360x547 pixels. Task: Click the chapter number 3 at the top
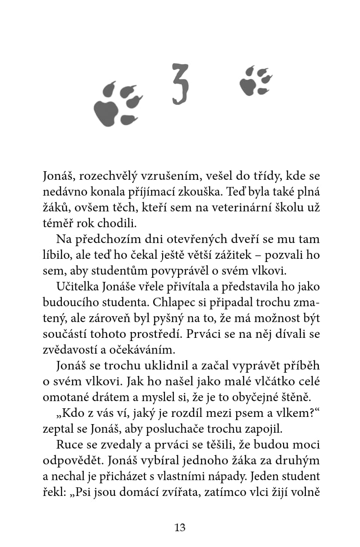pos(179,84)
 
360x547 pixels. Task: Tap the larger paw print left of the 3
pos(117,104)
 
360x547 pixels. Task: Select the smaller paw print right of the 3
pos(255,81)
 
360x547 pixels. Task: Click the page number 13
pos(180,527)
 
